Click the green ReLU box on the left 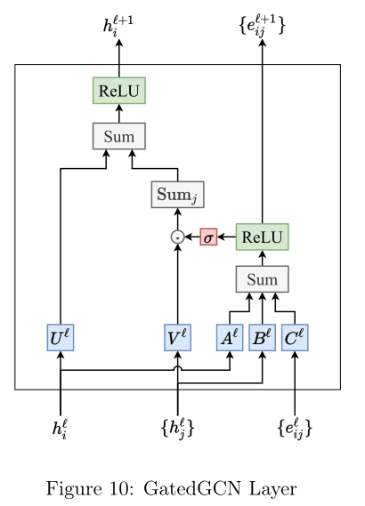tap(118, 91)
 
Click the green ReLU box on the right tap(262, 237)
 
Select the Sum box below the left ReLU tap(118, 136)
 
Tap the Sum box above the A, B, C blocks tap(262, 279)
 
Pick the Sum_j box tap(177, 194)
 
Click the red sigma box tap(208, 237)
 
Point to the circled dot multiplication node tap(177, 237)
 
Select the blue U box tap(60, 338)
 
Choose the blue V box tap(177, 338)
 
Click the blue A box tap(230, 338)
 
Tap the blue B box tap(262, 338)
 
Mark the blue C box tap(295, 338)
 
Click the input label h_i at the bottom tap(60, 430)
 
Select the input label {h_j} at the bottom tap(177, 429)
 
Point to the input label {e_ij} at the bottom tap(295, 429)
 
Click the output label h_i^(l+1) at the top tap(118, 25)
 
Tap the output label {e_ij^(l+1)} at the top tap(262, 25)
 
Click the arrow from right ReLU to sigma tap(226, 237)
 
